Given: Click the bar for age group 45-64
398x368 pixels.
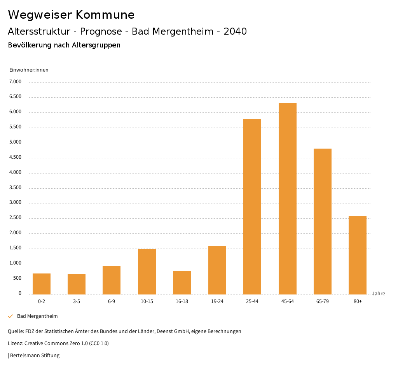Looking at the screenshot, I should [x=287, y=198].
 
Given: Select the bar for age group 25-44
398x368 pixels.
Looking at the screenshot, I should [x=252, y=207].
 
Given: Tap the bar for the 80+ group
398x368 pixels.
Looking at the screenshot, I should [x=358, y=255].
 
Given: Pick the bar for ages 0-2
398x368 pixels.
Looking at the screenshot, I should [x=42, y=284].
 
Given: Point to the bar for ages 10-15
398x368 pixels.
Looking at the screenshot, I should [x=147, y=272].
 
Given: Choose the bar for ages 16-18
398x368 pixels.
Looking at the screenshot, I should [x=182, y=282].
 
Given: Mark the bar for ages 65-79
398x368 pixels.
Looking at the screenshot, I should [x=323, y=221].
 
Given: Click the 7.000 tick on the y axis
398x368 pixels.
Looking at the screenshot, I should [x=15, y=82].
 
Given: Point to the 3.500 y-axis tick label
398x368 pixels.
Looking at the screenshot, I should [x=15, y=188].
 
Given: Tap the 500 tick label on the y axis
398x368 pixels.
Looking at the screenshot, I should [x=17, y=278].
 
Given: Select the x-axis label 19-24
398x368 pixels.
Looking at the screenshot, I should [x=217, y=301].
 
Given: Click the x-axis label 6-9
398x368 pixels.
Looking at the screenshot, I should [x=112, y=301].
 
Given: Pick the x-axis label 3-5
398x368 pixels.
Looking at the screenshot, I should [x=77, y=301].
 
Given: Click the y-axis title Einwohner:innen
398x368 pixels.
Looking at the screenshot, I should [x=29, y=70].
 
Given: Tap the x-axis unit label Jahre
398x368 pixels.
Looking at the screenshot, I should [x=379, y=294].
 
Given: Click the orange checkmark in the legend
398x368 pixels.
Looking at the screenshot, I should [x=10, y=316].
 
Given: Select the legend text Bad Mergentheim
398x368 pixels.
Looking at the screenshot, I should [x=37, y=316].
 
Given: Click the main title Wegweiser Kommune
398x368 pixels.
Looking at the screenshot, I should [x=71, y=15].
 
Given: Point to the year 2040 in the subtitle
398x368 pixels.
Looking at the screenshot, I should [x=235, y=32].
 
